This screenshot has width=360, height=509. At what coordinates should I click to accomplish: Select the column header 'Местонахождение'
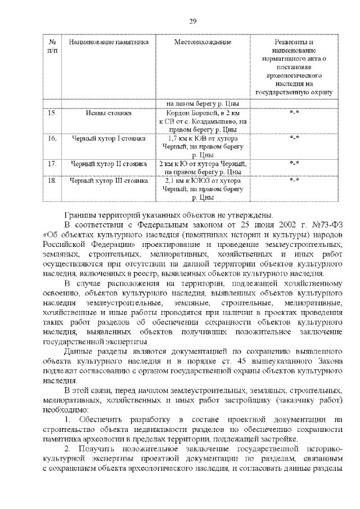click(x=203, y=42)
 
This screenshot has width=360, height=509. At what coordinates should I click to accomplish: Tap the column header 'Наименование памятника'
click(x=109, y=42)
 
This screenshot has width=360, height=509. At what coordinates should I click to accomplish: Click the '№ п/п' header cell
click(x=52, y=46)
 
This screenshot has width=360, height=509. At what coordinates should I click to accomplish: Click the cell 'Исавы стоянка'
click(x=109, y=114)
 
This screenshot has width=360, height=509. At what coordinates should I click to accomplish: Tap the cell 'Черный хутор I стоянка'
click(x=109, y=138)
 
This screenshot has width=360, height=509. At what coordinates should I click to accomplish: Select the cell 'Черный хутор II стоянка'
click(x=109, y=164)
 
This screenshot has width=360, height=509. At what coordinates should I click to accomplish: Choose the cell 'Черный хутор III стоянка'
click(x=109, y=181)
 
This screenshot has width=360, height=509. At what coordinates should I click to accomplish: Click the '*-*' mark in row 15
click(x=294, y=114)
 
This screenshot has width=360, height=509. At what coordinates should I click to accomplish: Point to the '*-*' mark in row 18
click(x=294, y=181)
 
